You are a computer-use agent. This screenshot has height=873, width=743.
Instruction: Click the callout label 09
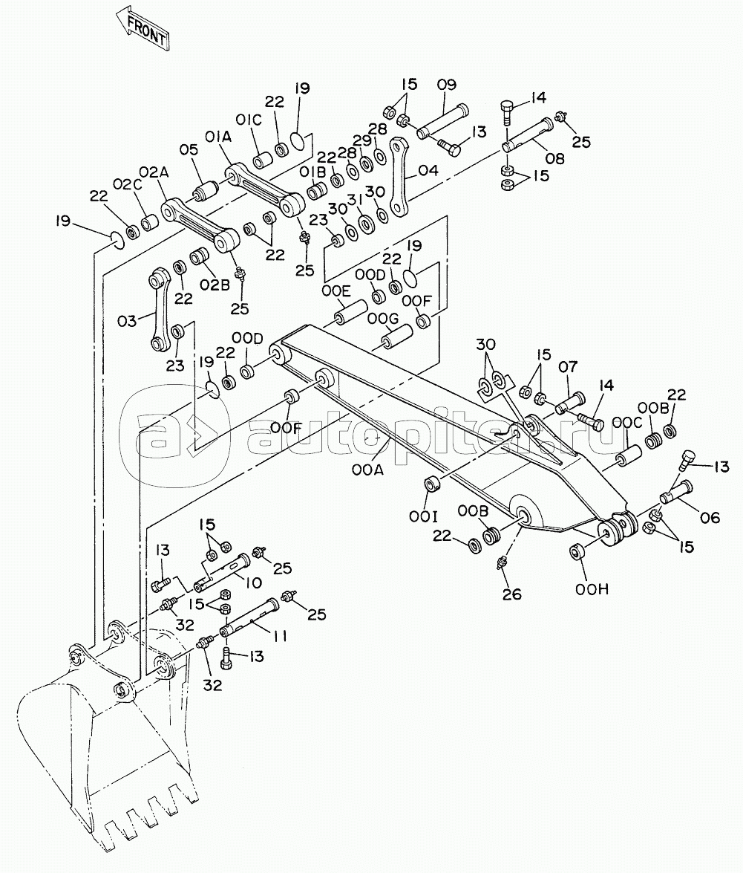[x=446, y=85]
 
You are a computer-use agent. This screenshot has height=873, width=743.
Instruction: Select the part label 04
[x=428, y=170]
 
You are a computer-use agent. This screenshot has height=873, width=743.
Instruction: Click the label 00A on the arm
[x=367, y=470]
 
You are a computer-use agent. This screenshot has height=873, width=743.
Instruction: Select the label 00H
[x=592, y=589]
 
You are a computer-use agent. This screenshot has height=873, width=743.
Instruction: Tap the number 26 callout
[x=511, y=594]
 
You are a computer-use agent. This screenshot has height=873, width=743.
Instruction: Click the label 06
[x=710, y=518]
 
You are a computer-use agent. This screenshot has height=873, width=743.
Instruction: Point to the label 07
[x=568, y=367]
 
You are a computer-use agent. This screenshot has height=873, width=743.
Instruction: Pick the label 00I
[x=423, y=518]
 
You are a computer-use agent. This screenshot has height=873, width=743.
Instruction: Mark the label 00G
[x=383, y=319]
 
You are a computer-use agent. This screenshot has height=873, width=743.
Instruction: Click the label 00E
[x=336, y=291]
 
